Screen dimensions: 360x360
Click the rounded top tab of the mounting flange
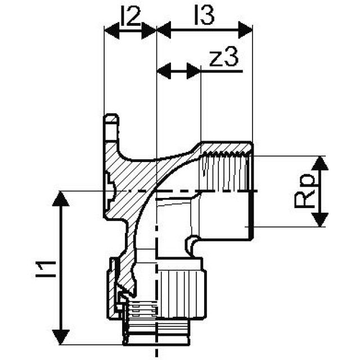111,121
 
